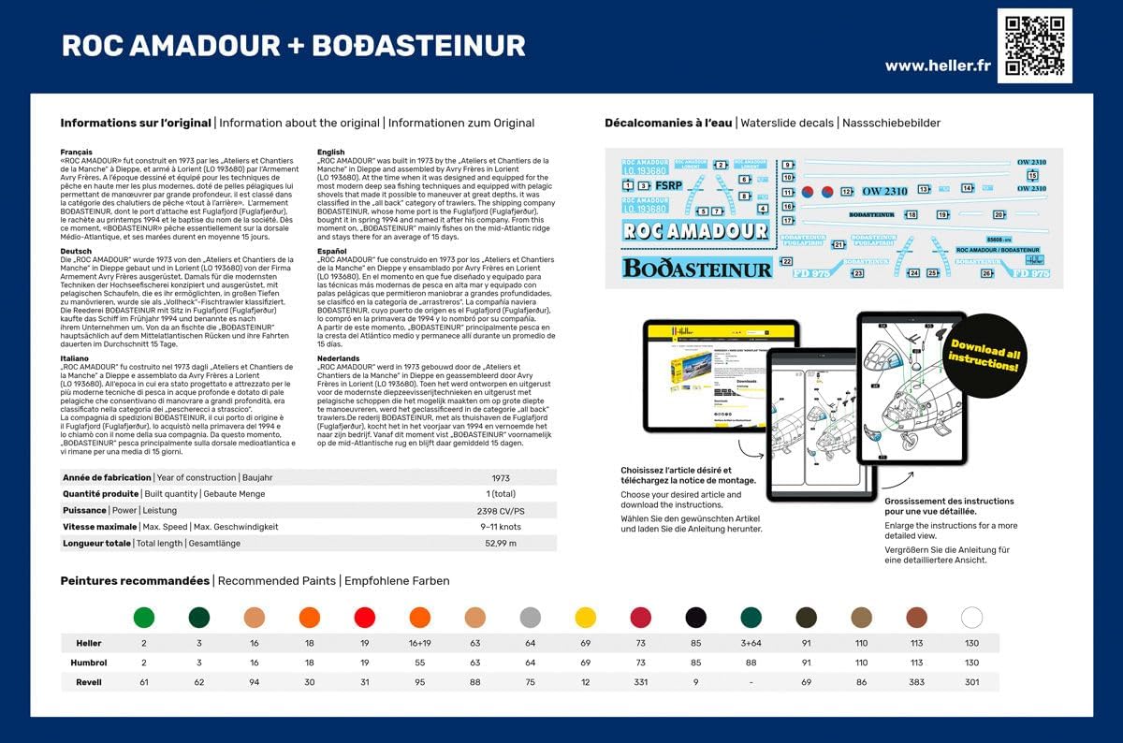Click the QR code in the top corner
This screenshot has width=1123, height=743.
(x=1034, y=45)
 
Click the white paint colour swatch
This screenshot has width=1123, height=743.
(x=971, y=618)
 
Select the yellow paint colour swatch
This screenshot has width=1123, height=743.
(x=586, y=618)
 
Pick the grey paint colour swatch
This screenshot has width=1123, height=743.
(x=531, y=618)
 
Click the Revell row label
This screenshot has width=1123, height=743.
(x=89, y=682)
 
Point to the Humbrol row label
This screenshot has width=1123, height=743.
(x=89, y=663)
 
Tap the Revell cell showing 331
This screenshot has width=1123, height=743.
(x=640, y=682)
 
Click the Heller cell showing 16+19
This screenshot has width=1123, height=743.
(x=419, y=644)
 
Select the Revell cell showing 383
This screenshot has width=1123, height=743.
(x=916, y=682)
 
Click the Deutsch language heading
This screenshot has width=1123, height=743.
(x=76, y=252)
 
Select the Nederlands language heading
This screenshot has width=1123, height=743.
(x=338, y=358)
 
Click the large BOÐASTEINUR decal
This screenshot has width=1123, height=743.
(x=697, y=269)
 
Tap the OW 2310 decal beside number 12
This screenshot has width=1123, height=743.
(x=883, y=191)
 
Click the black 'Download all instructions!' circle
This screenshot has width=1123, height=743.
(x=984, y=357)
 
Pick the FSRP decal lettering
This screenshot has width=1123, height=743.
(x=668, y=185)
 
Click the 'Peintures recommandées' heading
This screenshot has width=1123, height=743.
(x=135, y=581)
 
